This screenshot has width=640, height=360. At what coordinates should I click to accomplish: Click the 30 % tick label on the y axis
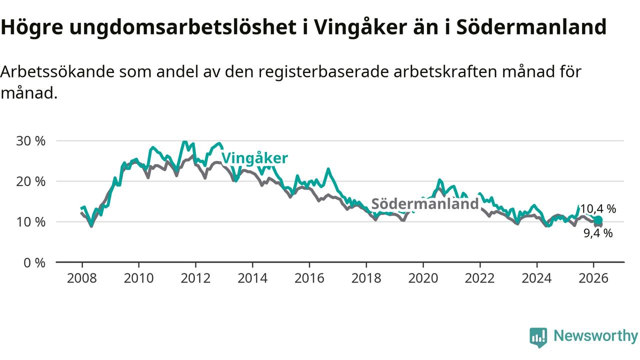point(31,141)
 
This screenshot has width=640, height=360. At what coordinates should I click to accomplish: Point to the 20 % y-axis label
point(31,181)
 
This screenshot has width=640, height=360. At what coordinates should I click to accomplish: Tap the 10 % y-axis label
point(31,222)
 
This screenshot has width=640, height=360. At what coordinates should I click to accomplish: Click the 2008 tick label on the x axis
point(82,277)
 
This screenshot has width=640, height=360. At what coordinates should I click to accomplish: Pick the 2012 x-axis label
point(195,277)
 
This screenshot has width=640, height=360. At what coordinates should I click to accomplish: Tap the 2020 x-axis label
point(423,277)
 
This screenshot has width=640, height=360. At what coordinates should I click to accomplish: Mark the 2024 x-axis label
point(537,277)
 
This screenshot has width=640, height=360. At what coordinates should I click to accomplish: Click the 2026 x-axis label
point(593,277)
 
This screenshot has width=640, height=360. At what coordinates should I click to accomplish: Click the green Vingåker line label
point(254,158)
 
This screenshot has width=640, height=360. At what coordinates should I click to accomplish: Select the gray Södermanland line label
point(425,204)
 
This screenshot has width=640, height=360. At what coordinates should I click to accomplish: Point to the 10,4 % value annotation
point(597,209)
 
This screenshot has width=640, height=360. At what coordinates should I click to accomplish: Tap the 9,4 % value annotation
point(598,233)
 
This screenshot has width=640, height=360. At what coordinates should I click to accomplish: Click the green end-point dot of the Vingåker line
point(598,220)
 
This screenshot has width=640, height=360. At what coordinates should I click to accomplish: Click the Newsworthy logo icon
point(538,337)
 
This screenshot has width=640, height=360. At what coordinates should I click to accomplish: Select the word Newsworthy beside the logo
point(595,336)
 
